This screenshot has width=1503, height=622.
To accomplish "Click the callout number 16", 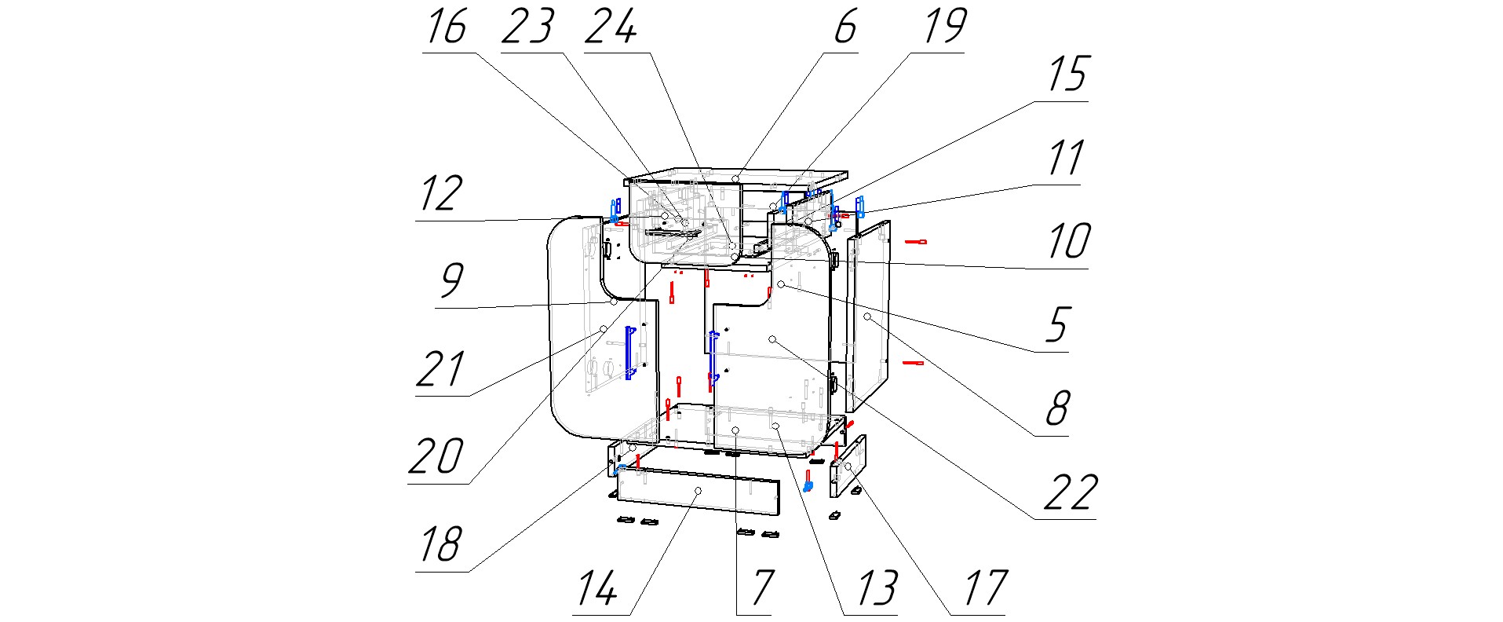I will click(446, 27).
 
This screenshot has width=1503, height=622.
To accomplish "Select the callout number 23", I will click(527, 27).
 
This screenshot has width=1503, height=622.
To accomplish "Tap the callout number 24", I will click(611, 27).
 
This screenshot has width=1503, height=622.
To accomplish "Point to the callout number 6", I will click(845, 27).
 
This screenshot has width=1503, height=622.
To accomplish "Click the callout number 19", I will click(943, 27).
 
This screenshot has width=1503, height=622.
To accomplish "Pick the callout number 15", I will click(1067, 75).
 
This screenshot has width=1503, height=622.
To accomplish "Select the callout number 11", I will click(1066, 159).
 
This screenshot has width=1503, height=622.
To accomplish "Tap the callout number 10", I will click(1068, 242).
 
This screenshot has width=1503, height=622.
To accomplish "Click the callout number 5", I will click(1057, 324).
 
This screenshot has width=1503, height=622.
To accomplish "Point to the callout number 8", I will click(1057, 408).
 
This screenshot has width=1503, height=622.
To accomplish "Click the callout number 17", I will click(985, 587).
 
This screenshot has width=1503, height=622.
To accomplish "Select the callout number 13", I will click(876, 587).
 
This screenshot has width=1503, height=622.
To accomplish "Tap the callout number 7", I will click(761, 587).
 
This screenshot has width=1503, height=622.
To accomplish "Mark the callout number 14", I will click(598, 587).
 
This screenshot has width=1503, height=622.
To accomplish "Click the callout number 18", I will click(440, 543).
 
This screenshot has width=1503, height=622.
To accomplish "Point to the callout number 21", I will click(440, 369).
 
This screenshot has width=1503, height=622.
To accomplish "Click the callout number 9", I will click(451, 281).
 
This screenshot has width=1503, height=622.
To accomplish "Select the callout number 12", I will click(440, 193).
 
